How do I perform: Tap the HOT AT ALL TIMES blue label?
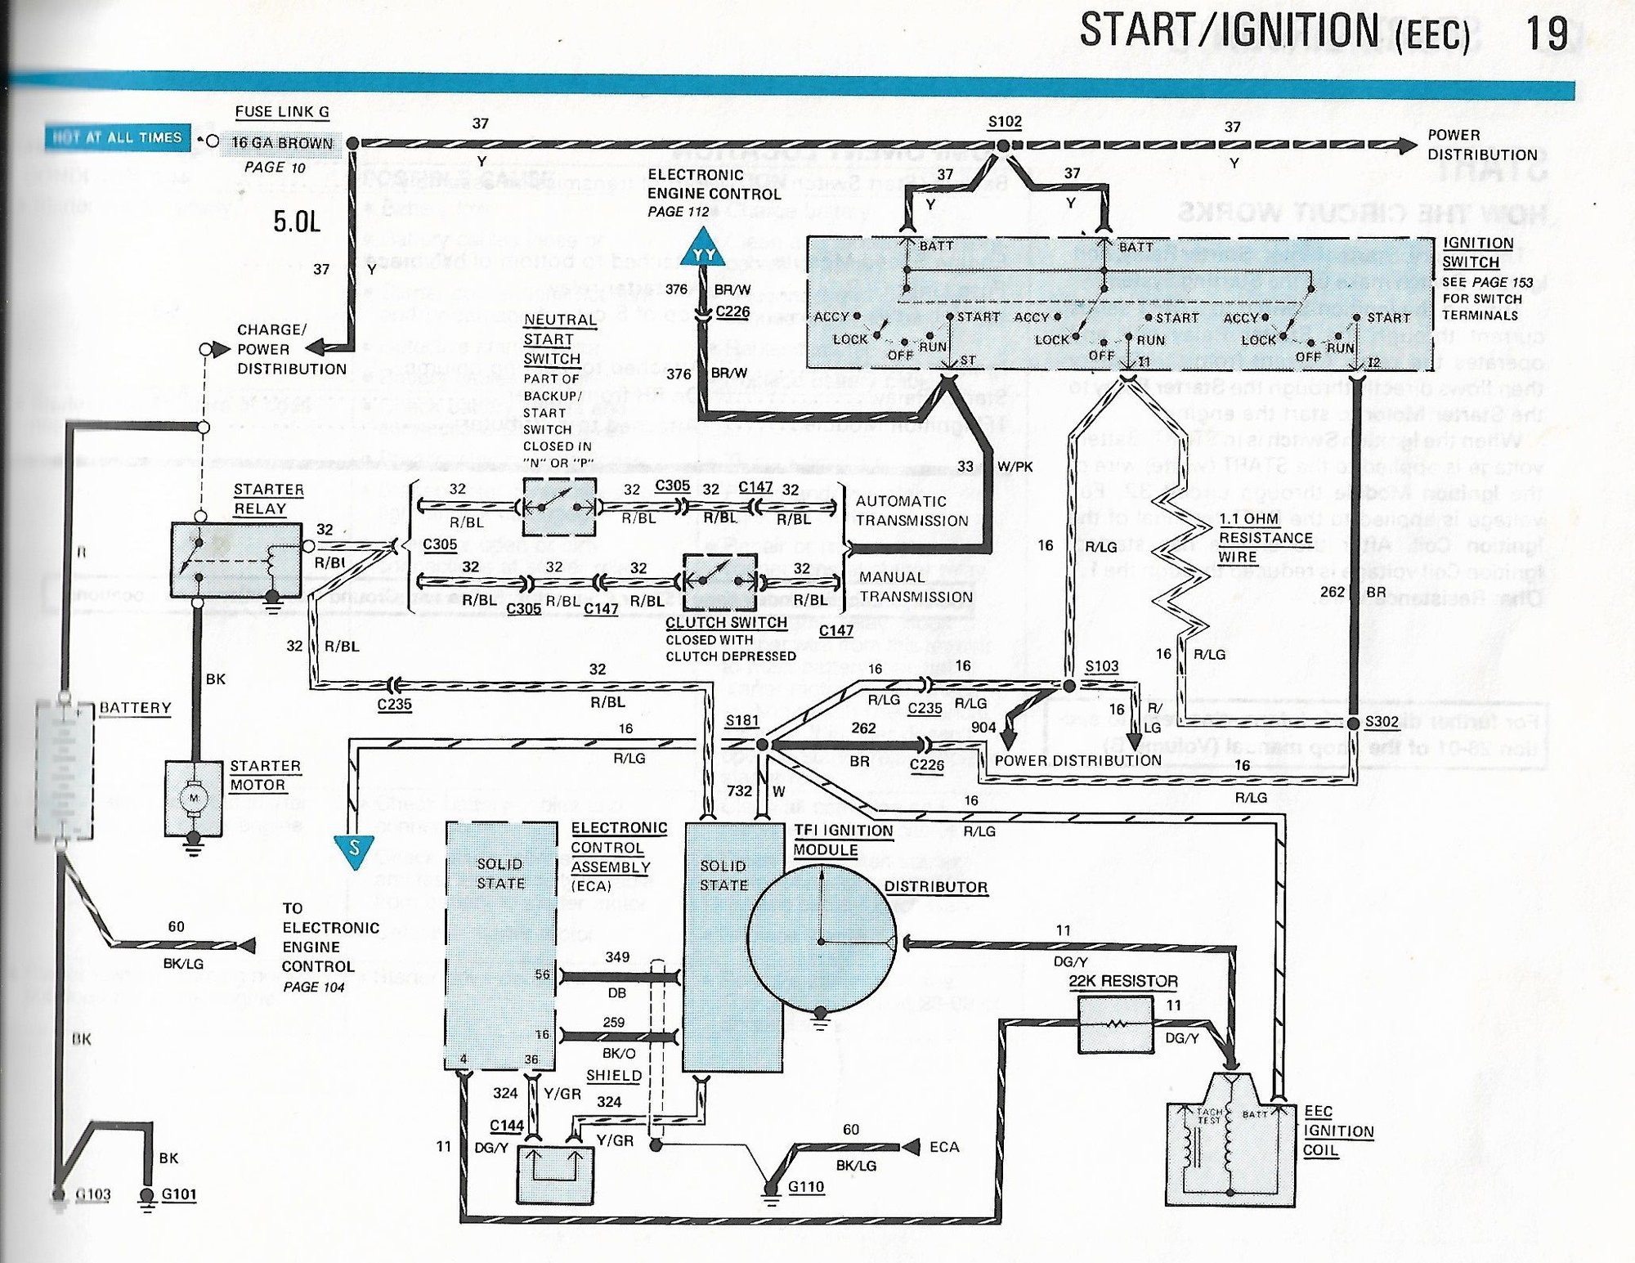click(x=117, y=137)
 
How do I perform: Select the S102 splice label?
click(x=1005, y=122)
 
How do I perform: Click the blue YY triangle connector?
click(x=703, y=251)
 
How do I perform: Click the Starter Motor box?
click(x=194, y=799)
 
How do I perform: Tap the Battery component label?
click(x=135, y=708)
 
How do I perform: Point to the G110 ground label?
click(x=806, y=1186)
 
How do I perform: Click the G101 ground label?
click(x=179, y=1194)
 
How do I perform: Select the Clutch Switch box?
click(x=720, y=582)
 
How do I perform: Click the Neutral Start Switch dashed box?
click(x=559, y=508)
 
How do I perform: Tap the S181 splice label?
click(x=741, y=720)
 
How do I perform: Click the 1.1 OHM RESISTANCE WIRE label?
click(x=1265, y=538)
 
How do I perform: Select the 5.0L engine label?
click(x=297, y=222)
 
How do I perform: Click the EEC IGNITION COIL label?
click(x=1337, y=1131)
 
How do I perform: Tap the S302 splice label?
click(x=1382, y=721)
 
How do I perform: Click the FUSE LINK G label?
click(x=282, y=112)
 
